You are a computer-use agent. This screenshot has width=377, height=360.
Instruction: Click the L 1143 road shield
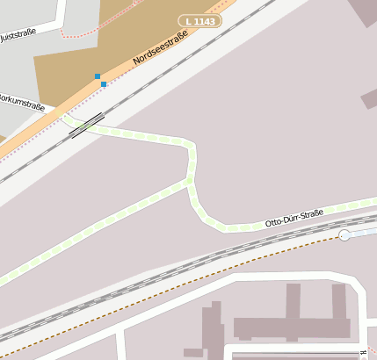coord(199,20)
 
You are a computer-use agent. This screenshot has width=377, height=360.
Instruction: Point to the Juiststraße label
coord(18,36)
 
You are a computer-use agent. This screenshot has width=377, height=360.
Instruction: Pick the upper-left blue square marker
coord(98,76)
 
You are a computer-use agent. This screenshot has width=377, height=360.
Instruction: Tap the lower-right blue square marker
coord(104,84)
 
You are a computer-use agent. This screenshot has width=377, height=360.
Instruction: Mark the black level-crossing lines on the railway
coord(87,126)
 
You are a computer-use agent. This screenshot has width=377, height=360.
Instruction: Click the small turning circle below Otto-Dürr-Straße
coord(344,235)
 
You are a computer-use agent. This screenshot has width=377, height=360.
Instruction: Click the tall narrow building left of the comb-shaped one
coord(212,329)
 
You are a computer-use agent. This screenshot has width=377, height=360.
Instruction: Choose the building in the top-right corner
coord(363,11)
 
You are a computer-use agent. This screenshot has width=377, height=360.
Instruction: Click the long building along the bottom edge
coord(299,353)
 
